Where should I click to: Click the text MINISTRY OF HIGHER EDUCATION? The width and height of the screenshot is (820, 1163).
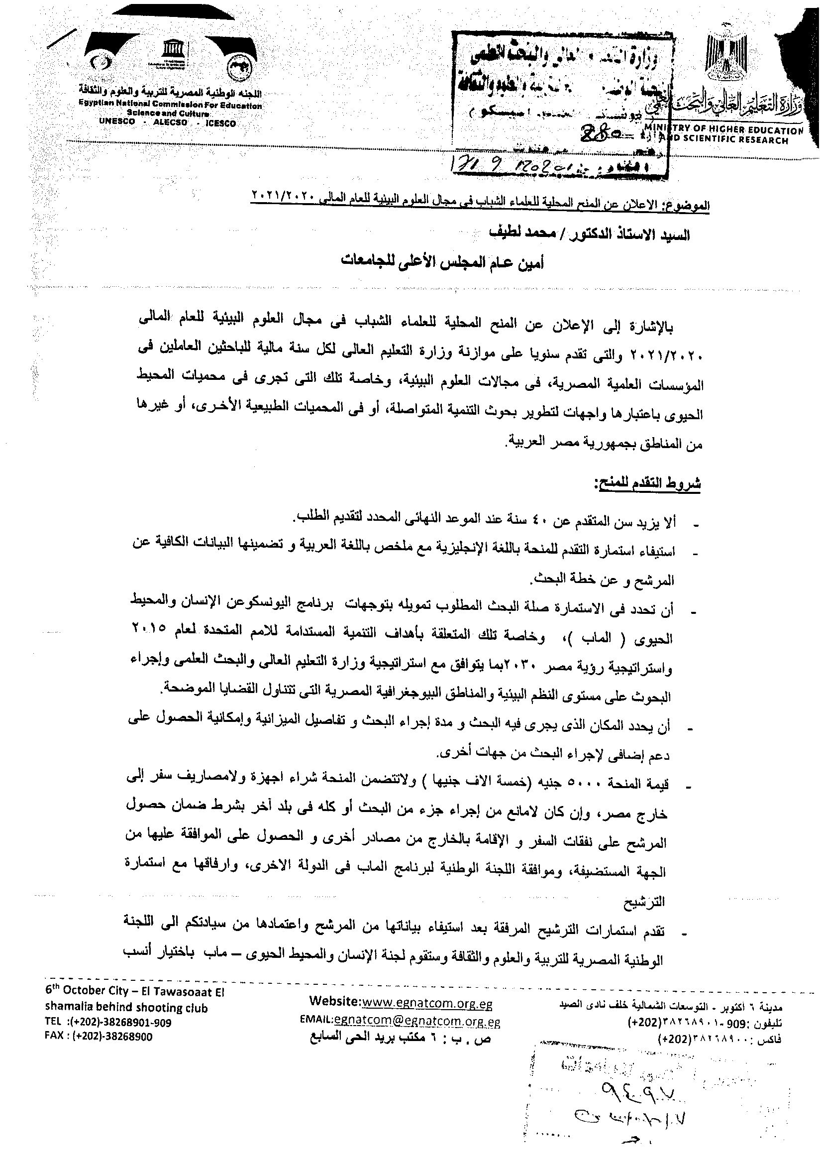click(x=724, y=130)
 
